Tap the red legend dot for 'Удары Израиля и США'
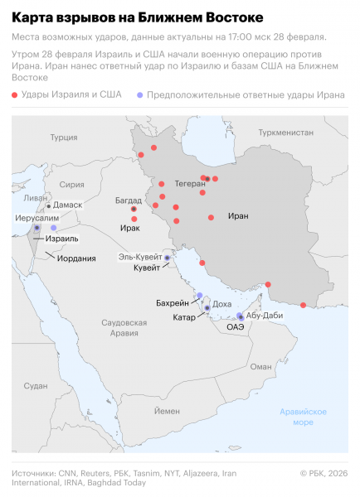tap(16, 96)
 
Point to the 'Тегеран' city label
tap(190, 184)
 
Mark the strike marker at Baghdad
tap(134, 210)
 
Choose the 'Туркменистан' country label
tap(285, 132)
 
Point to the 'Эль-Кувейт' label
tap(139, 258)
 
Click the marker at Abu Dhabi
tap(241, 316)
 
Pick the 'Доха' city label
tap(222, 304)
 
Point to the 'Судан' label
tap(36, 386)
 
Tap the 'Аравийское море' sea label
tap(302, 417)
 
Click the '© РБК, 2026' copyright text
tap(324, 473)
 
